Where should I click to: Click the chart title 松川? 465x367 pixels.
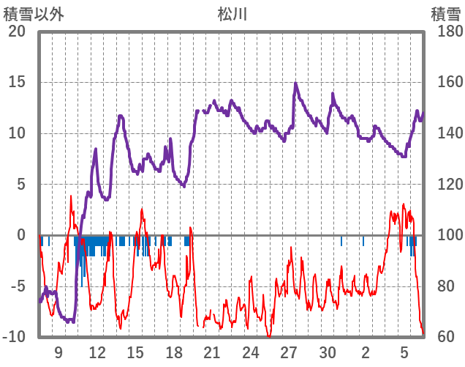pos(232,14)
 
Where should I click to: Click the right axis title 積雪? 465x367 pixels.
pos(445,14)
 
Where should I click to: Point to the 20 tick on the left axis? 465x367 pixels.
pos(17,31)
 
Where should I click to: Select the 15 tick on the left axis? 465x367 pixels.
pos(17,82)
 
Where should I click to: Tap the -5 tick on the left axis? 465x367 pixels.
pos(17,286)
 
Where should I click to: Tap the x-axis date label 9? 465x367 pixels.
pos(58,352)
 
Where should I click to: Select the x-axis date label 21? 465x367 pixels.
pos(213,352)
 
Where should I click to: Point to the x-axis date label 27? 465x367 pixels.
pos(290,352)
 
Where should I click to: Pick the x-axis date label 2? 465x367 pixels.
pos(366,352)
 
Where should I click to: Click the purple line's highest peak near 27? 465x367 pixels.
pos(295,83)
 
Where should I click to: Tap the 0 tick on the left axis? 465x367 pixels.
pos(21,235)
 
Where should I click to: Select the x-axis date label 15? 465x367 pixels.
pos(135,352)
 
